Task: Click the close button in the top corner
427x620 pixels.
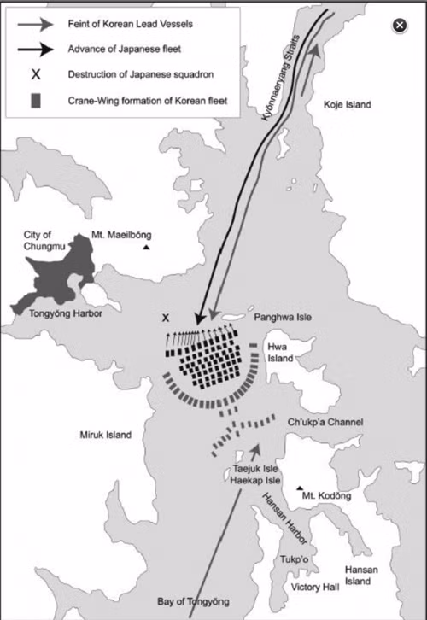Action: [x=400, y=26]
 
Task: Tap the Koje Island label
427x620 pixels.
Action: [x=347, y=105]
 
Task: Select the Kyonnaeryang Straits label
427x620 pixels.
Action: [x=281, y=78]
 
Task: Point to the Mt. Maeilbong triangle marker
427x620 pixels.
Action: [x=146, y=248]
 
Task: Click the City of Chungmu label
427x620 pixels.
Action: [x=44, y=241]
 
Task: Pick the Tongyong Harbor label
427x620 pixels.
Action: [x=66, y=313]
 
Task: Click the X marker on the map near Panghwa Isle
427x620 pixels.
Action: [x=166, y=318]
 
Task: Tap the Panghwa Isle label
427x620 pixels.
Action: [x=283, y=317]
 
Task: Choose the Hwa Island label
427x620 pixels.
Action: [x=280, y=353]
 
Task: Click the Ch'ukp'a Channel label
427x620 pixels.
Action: [x=325, y=422]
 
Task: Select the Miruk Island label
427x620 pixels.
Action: [x=106, y=435]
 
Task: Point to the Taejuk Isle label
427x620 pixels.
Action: [x=255, y=469]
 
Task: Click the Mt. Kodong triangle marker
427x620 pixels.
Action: [x=300, y=488]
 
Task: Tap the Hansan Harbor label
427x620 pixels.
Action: [x=284, y=518]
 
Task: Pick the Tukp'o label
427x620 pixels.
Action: [x=294, y=559]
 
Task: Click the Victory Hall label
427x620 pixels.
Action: [x=315, y=588]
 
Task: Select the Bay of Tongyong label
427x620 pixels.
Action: [x=193, y=602]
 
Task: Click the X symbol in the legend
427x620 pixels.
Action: [x=36, y=74]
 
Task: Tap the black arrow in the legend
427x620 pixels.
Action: [x=36, y=50]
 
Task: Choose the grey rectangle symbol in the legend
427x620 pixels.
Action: [x=36, y=101]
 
